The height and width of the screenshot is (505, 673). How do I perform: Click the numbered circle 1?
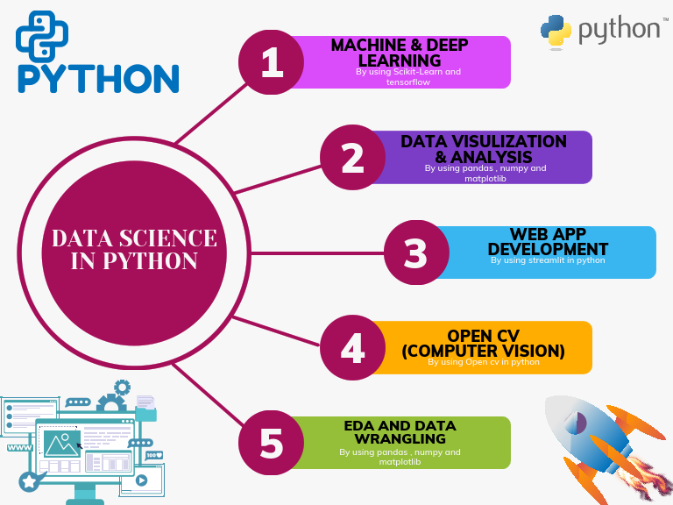click(272, 62)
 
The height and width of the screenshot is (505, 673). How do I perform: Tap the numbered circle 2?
click(352, 158)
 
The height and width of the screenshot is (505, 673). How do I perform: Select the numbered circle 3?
click(416, 252)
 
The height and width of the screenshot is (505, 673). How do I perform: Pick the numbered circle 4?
click(352, 347)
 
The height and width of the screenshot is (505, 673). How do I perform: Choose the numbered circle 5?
click(272, 443)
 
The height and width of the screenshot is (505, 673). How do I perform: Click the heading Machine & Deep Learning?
click(400, 53)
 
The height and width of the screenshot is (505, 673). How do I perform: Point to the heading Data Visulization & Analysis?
click(484, 149)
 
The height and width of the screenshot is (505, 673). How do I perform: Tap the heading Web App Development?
click(548, 242)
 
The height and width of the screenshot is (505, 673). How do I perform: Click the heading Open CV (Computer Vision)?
click(484, 343)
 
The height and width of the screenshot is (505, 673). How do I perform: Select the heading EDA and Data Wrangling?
click(400, 432)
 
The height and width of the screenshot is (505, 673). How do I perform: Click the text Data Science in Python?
click(134, 250)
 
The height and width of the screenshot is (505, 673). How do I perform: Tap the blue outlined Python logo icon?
click(42, 37)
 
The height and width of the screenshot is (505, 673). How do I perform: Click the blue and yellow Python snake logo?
click(556, 31)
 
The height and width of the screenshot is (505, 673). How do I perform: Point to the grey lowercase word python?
click(620, 30)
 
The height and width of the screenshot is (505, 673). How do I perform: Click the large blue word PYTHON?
click(98, 79)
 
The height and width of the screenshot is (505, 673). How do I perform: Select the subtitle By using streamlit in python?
click(548, 260)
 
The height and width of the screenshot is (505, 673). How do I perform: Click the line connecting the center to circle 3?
click(317, 253)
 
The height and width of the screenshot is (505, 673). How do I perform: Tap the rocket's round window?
click(575, 423)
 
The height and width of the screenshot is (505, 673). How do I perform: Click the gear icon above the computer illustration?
click(123, 388)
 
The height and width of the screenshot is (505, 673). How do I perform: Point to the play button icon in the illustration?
click(141, 480)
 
